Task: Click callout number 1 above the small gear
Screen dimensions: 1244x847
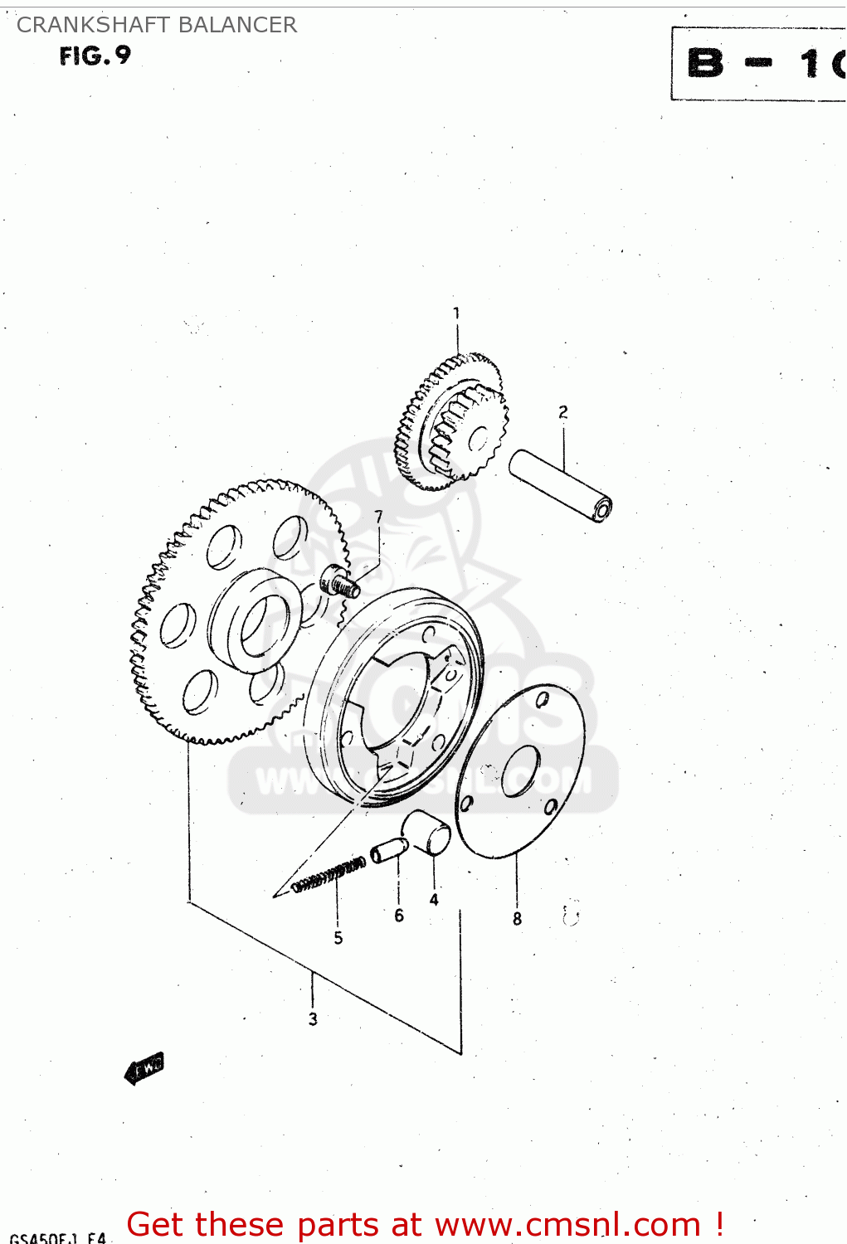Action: click(456, 313)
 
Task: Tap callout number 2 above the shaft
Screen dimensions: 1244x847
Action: click(563, 412)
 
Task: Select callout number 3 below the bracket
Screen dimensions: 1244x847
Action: click(313, 1019)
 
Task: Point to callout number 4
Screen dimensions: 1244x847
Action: click(434, 900)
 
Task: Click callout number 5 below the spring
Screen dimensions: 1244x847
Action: click(338, 938)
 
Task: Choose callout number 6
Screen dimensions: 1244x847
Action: click(399, 916)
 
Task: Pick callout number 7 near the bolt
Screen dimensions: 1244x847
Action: click(379, 517)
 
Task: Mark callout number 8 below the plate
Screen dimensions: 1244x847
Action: click(517, 919)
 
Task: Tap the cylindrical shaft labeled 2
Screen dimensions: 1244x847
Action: click(561, 485)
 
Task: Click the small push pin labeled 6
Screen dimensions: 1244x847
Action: click(388, 850)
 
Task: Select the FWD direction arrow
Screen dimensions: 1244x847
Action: click(144, 1068)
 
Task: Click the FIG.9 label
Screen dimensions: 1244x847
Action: click(95, 56)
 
